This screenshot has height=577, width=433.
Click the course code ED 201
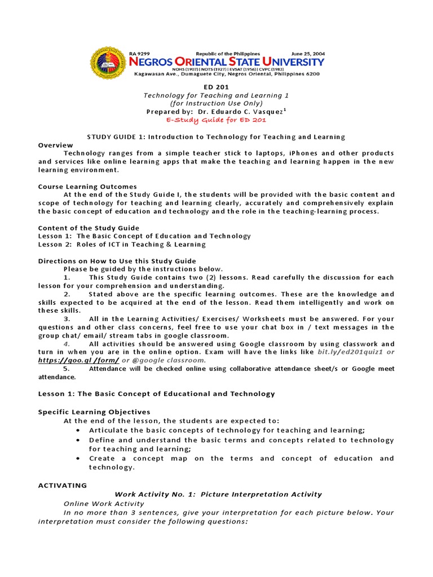[x=216, y=87]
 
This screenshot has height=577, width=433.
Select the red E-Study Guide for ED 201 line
[x=216, y=119]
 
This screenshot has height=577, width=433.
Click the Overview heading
[x=55, y=145]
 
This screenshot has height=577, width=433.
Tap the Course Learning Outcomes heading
[x=87, y=187]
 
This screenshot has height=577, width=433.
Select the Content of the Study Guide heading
[x=89, y=228]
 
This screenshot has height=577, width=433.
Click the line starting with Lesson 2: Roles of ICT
[x=122, y=245]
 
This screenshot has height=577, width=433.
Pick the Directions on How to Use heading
[x=117, y=261]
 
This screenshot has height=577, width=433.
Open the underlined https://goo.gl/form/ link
[x=78, y=360]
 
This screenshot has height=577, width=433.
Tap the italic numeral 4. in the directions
[x=67, y=344]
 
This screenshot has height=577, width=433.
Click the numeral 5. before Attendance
[x=67, y=369]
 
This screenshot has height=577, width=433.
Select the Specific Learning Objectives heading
[x=94, y=412]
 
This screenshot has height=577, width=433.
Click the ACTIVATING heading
[x=63, y=485]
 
